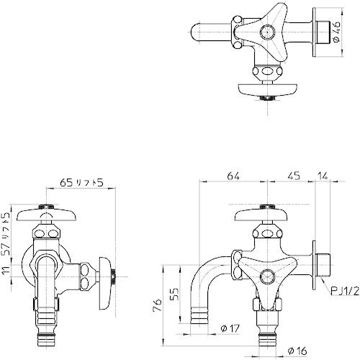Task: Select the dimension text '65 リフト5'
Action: click(x=80, y=184)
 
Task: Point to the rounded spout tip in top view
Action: click(x=198, y=32)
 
